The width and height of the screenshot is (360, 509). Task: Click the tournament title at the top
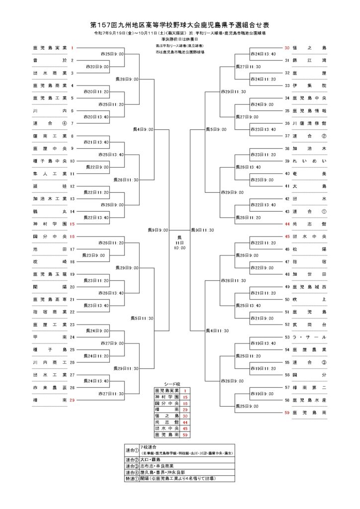pyautogui.click(x=180, y=24)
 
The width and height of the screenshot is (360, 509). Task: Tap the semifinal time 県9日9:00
pyautogui.click(x=158, y=230)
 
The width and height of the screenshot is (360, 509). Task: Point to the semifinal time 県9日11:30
pyautogui.click(x=202, y=230)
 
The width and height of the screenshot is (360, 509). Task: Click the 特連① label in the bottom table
pyautogui.click(x=132, y=479)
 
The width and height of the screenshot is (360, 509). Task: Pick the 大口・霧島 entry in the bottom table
pyautogui.click(x=152, y=460)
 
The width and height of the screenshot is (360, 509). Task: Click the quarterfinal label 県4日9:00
pyautogui.click(x=143, y=129)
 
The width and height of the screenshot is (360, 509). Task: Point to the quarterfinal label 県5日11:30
pyautogui.click(x=142, y=318)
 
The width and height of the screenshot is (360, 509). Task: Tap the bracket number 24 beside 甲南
pyautogui.click(x=72, y=337)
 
